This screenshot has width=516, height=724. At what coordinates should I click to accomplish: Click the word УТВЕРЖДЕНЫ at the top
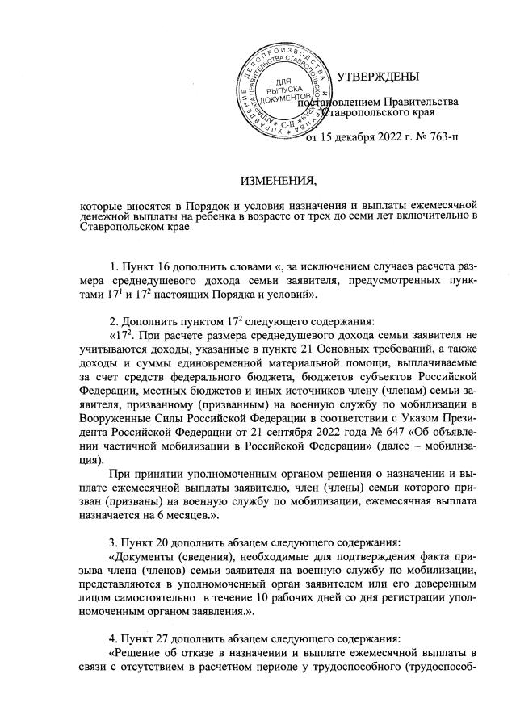click(378, 77)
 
